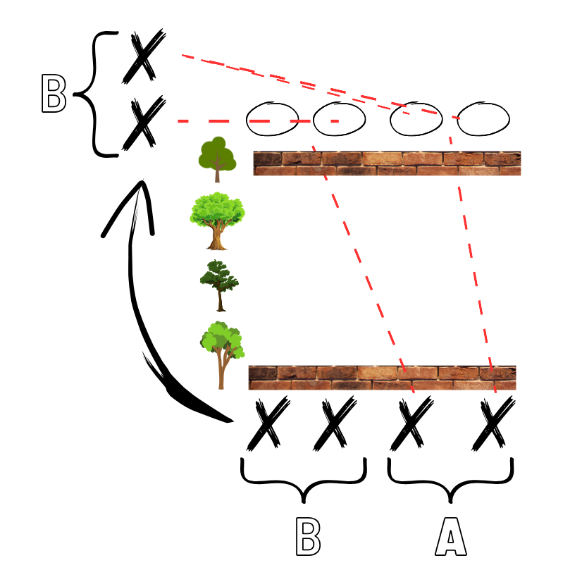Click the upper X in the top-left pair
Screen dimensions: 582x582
pyautogui.click(x=143, y=54)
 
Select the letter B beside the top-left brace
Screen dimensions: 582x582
pyautogui.click(x=54, y=94)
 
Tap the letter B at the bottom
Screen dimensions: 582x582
pyautogui.click(x=308, y=538)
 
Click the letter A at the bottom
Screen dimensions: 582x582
pyautogui.click(x=450, y=538)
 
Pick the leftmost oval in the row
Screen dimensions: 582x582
pyautogui.click(x=273, y=119)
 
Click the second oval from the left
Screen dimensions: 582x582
pyautogui.click(x=339, y=119)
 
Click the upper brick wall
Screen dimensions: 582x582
pyautogui.click(x=387, y=163)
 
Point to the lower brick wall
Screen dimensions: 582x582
pyautogui.click(x=382, y=378)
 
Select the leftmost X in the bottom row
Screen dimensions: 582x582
pyautogui.click(x=268, y=423)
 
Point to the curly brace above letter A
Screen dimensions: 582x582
pyautogui.click(x=450, y=479)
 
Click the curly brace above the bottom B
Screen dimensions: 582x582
pyautogui.click(x=304, y=479)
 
